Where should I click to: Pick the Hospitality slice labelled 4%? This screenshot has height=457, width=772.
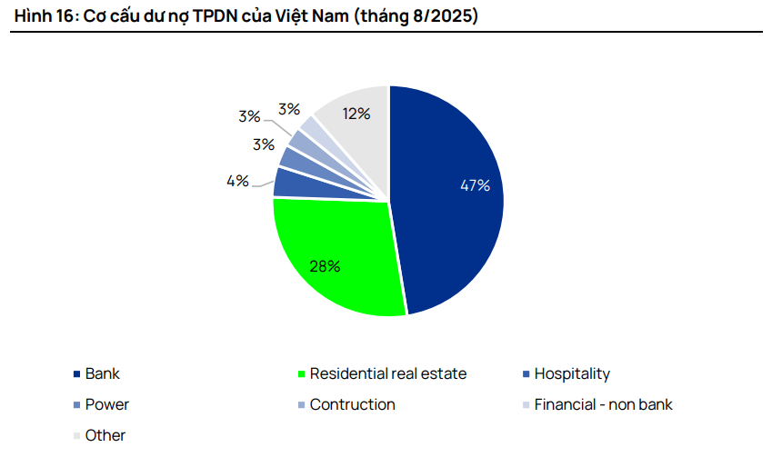289,182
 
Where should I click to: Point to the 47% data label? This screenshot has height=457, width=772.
475,185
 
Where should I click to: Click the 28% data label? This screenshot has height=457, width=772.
325,266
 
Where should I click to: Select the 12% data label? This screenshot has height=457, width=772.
356,114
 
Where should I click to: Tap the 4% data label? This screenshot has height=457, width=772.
238,181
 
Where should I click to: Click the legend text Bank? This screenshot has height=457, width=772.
103,373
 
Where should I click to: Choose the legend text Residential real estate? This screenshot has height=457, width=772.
388,373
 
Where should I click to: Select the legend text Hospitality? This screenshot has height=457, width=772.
572,373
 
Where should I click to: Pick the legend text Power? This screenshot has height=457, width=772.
107,404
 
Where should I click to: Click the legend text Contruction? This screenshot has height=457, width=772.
353,404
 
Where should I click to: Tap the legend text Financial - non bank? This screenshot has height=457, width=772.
604,404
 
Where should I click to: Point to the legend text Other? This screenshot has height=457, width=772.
105,435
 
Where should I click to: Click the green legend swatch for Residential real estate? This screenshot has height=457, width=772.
301,374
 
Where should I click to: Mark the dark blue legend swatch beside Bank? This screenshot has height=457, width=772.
76,374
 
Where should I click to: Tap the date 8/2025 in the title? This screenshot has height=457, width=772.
441,16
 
